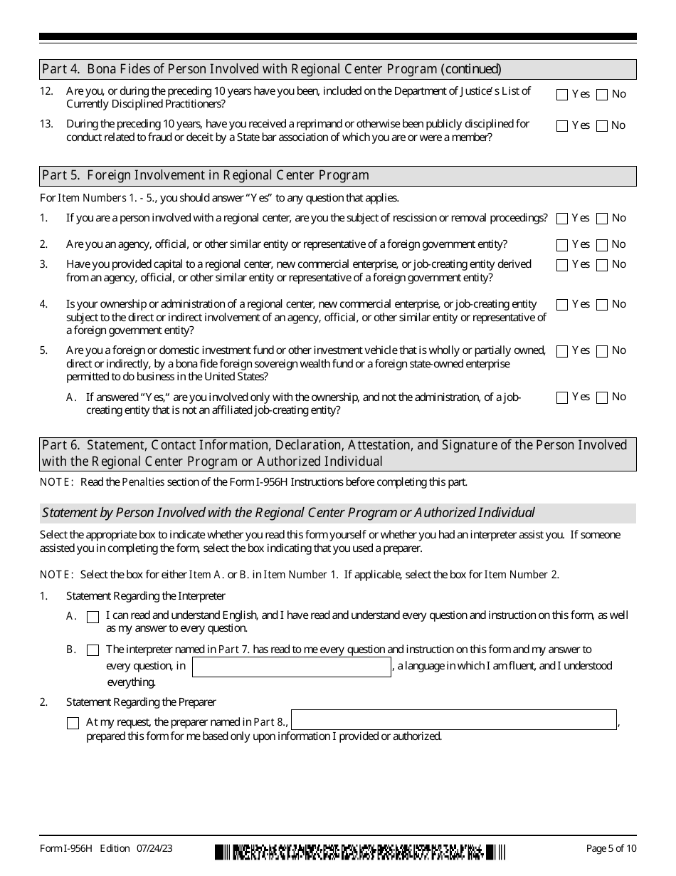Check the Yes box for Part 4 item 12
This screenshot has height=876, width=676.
click(x=562, y=95)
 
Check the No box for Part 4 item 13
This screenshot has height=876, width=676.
click(x=602, y=126)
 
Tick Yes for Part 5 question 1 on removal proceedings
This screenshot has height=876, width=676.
click(x=562, y=219)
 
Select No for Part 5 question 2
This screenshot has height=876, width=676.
click(x=602, y=245)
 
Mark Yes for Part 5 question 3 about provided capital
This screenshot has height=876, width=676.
click(x=562, y=265)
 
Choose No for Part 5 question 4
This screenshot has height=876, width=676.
click(x=602, y=305)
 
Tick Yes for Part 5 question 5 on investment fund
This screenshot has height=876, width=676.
click(x=562, y=351)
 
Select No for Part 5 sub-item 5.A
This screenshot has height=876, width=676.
click(x=602, y=397)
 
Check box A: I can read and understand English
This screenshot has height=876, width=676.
click(x=93, y=617)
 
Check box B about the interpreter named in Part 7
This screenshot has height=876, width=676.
click(x=93, y=650)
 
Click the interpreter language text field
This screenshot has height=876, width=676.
click(x=292, y=667)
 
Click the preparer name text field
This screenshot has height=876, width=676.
click(x=454, y=720)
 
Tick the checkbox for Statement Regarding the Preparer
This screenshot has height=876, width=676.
click(x=73, y=724)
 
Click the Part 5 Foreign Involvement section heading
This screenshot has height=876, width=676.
click(x=206, y=176)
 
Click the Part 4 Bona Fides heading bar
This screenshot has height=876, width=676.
click(x=271, y=69)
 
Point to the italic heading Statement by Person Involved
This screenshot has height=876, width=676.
click(x=288, y=513)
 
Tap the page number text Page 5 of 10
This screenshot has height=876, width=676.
click(x=611, y=848)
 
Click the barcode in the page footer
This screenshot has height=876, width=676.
click(x=360, y=851)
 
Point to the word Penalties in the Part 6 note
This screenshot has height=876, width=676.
click(x=143, y=482)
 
